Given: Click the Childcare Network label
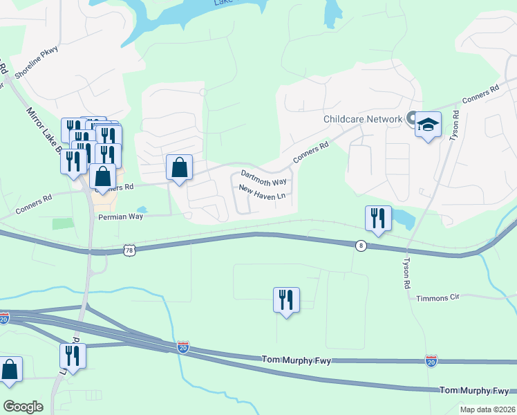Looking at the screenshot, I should [363, 119].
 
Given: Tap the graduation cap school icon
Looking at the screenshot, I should [429, 124].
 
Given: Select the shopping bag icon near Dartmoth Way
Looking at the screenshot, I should [179, 167].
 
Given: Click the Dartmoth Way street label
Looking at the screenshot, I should [263, 177].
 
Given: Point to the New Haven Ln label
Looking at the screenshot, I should [262, 192].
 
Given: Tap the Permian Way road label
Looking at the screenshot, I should [120, 217].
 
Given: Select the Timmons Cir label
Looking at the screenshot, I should [438, 298].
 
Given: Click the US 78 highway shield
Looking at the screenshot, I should [129, 251].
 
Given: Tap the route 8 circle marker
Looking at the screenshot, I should [360, 246].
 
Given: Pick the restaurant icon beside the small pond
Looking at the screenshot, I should [378, 219].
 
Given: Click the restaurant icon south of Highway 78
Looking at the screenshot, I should [286, 300].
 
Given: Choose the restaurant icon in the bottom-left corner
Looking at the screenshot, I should [72, 356].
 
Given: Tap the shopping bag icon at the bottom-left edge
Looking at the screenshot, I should [10, 369].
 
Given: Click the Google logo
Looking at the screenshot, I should [23, 406].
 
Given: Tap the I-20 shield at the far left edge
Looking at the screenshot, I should [3, 319].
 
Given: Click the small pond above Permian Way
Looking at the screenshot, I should [142, 210].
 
